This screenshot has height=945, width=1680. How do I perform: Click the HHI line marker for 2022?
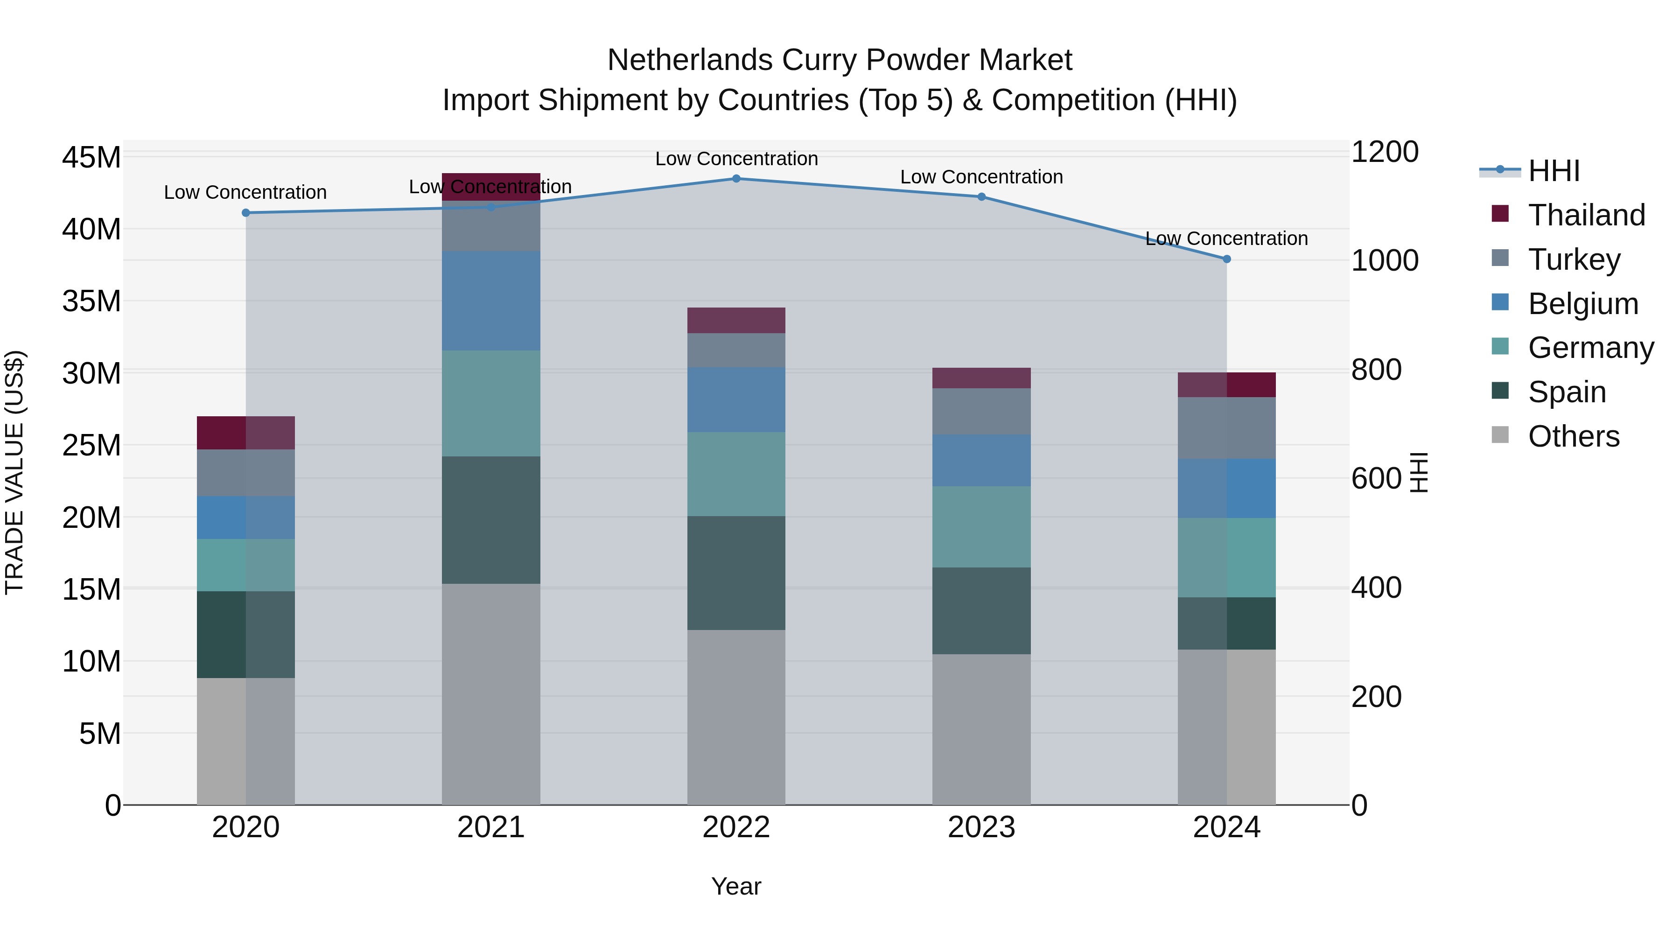pos(736,179)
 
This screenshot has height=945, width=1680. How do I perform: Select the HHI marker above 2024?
pos(1227,259)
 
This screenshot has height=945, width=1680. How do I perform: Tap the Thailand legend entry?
pos(1586,215)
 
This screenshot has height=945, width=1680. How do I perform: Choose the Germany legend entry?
pos(1590,348)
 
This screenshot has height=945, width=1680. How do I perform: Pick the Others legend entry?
pos(1573,436)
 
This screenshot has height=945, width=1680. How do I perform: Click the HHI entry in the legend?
pos(1554,171)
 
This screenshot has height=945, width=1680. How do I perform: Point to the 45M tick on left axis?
pos(91,158)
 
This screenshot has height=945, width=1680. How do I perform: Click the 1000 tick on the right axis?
pos(1385,261)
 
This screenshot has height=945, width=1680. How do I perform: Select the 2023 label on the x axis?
pos(981,827)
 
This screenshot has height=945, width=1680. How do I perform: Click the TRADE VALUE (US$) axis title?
pos(14,472)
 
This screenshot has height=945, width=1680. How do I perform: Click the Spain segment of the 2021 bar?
pos(491,520)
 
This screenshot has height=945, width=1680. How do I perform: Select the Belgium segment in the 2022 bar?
pos(736,400)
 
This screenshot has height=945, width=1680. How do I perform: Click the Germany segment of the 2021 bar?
pos(491,404)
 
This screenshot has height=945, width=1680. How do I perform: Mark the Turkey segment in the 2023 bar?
pos(981,412)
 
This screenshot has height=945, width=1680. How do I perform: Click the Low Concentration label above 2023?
pos(981,177)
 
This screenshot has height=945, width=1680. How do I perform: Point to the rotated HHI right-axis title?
pos(1419,472)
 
